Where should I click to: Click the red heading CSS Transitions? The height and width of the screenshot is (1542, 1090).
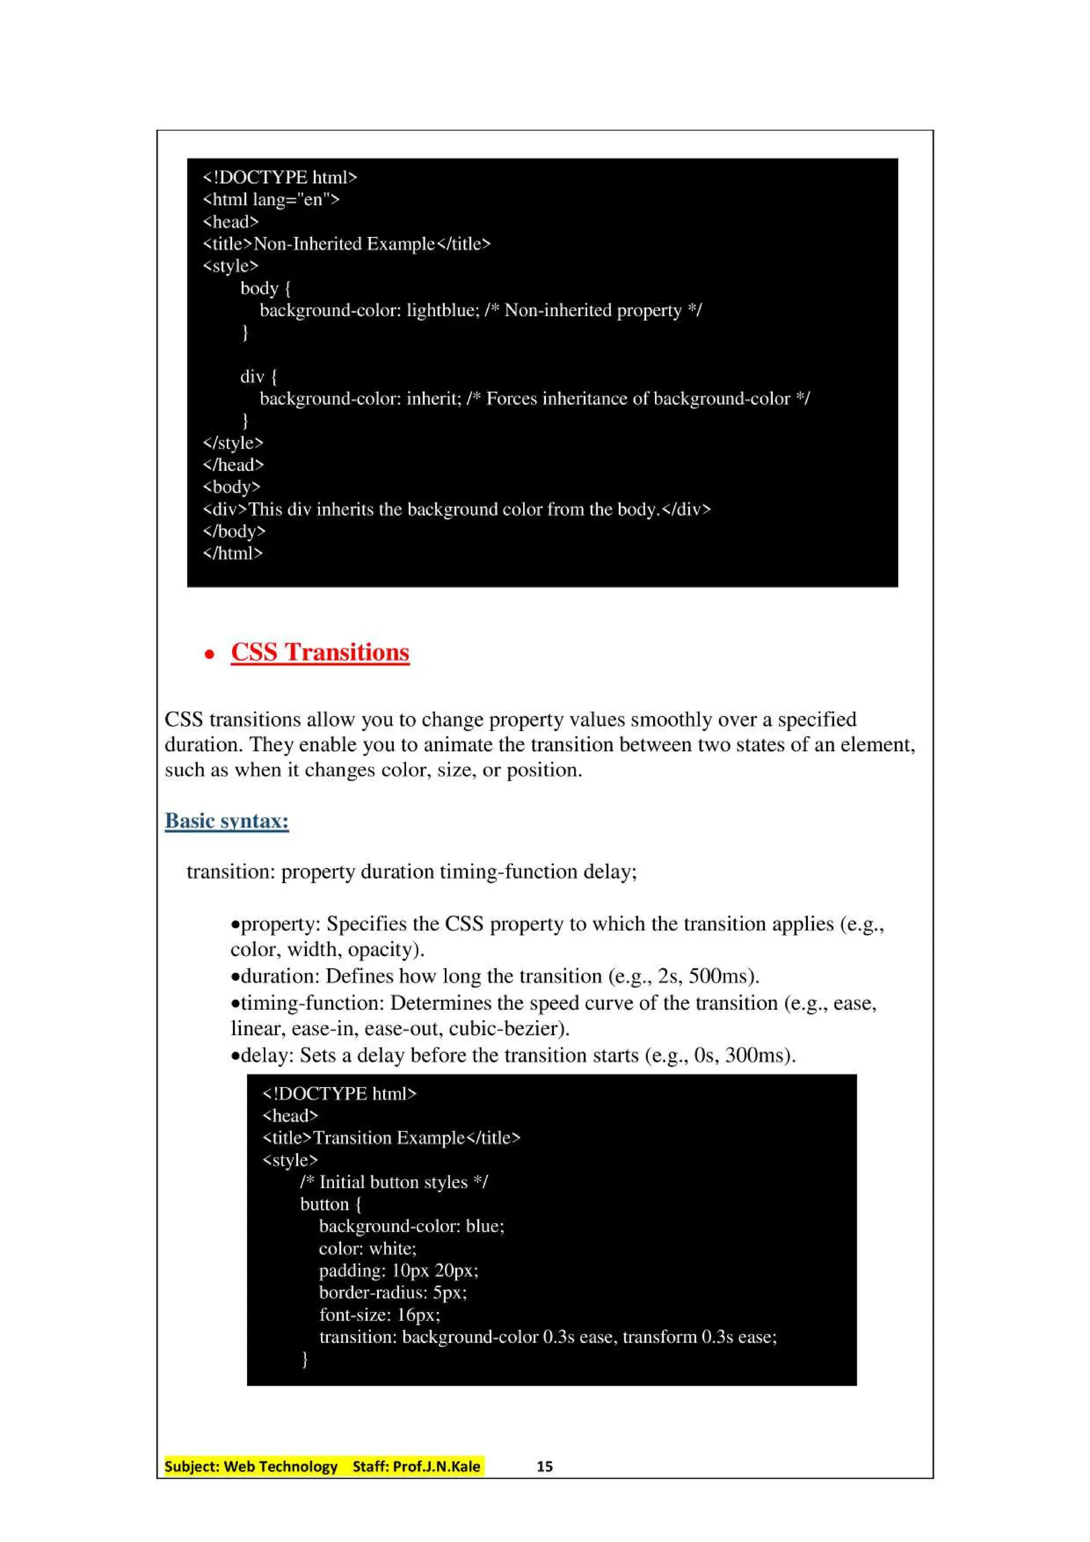(320, 652)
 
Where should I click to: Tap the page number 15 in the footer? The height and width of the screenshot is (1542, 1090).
(544, 1466)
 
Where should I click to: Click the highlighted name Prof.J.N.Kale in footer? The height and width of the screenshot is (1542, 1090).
(436, 1466)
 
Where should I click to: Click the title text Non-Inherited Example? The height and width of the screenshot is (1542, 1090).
(344, 244)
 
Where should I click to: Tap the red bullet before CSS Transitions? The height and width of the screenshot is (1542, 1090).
(210, 653)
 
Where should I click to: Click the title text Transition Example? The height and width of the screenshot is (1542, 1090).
(389, 1138)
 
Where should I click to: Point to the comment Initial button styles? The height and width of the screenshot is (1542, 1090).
(393, 1182)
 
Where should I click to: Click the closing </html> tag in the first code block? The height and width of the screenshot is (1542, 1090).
(233, 553)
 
